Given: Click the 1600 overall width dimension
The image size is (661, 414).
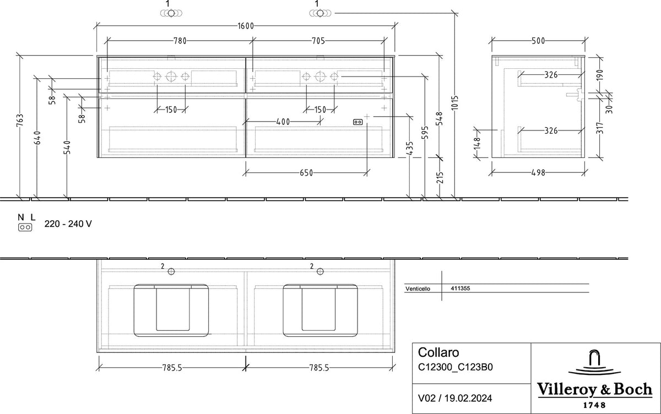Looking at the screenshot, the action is click(x=246, y=26).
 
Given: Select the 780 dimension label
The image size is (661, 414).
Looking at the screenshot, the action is click(x=180, y=41).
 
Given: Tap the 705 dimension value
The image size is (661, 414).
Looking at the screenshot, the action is click(x=318, y=41).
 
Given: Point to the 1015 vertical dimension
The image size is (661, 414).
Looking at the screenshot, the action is click(x=455, y=102).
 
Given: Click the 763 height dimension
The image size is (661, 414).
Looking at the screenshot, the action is click(x=20, y=121).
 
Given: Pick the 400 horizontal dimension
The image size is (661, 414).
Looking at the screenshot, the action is click(x=283, y=122).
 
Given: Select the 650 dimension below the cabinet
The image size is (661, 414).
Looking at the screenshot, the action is click(x=306, y=173).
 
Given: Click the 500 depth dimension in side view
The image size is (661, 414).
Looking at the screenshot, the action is click(x=538, y=41).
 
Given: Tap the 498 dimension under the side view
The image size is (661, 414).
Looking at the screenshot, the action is click(x=538, y=173).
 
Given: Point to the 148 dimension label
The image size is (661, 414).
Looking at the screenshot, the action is click(x=478, y=143).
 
